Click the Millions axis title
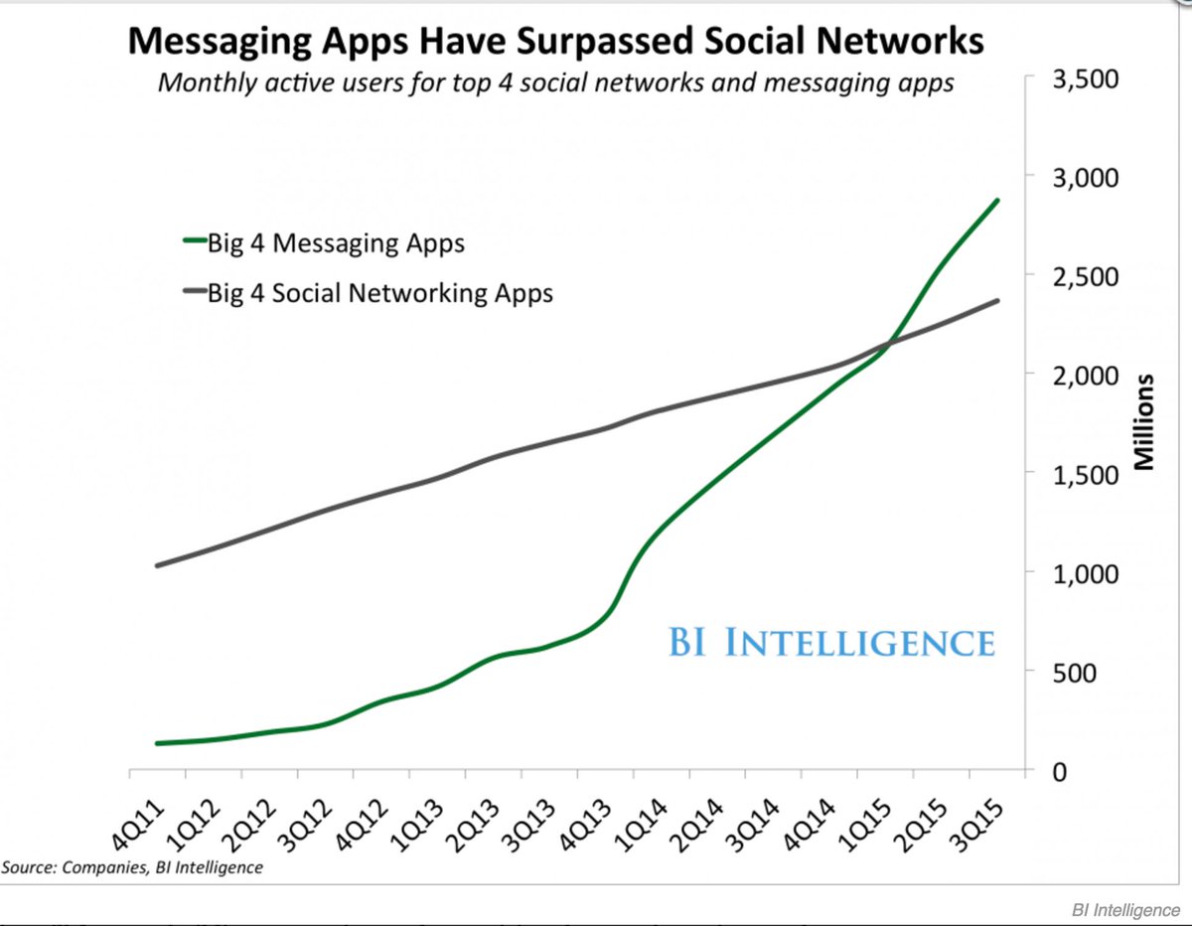pyautogui.click(x=1143, y=422)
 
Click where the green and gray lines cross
pyautogui.click(x=887, y=344)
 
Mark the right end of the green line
pyautogui.click(x=997, y=201)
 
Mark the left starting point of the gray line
pyautogui.click(x=157, y=565)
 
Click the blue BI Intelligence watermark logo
pyautogui.click(x=830, y=642)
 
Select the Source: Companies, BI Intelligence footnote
pyautogui.click(x=132, y=867)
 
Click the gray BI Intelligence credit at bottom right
pyautogui.click(x=1125, y=910)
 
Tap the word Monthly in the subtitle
pyautogui.click(x=204, y=82)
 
